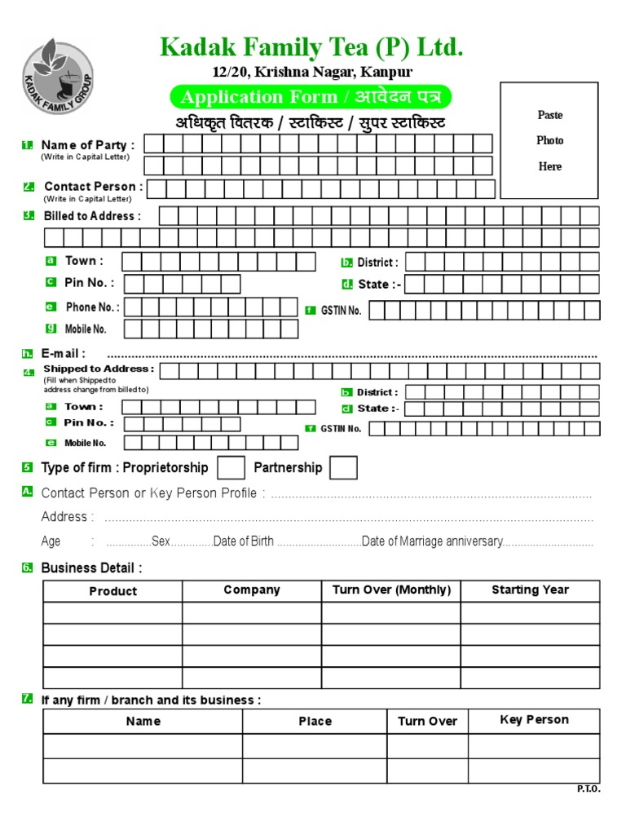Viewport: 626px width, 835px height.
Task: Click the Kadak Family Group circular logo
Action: tap(58, 78)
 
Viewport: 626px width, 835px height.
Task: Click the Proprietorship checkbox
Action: tap(231, 468)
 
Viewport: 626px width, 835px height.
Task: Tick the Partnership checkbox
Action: tap(343, 468)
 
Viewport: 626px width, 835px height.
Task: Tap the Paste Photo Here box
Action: tap(549, 140)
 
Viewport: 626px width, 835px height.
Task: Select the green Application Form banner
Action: tap(310, 97)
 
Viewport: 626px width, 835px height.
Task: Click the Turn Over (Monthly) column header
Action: tap(391, 590)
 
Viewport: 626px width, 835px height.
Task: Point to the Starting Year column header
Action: tap(530, 590)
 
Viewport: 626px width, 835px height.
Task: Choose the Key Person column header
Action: tap(534, 720)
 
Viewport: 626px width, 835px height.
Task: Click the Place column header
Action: tap(315, 722)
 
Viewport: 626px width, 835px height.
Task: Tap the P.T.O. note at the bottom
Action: tap(588, 790)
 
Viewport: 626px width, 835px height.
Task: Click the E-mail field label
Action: tap(63, 354)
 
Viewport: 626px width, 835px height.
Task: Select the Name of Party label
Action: tap(88, 145)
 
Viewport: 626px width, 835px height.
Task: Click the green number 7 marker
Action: tap(28, 699)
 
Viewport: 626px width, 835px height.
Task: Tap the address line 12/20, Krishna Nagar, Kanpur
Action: tap(312, 72)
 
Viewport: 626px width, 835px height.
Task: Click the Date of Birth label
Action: tap(243, 542)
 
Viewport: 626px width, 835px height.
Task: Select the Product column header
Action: tap(112, 591)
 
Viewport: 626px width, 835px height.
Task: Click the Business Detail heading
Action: tap(91, 568)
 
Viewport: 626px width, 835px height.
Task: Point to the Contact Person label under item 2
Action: tap(93, 187)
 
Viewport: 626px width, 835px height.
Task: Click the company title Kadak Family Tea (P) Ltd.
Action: tap(312, 47)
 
